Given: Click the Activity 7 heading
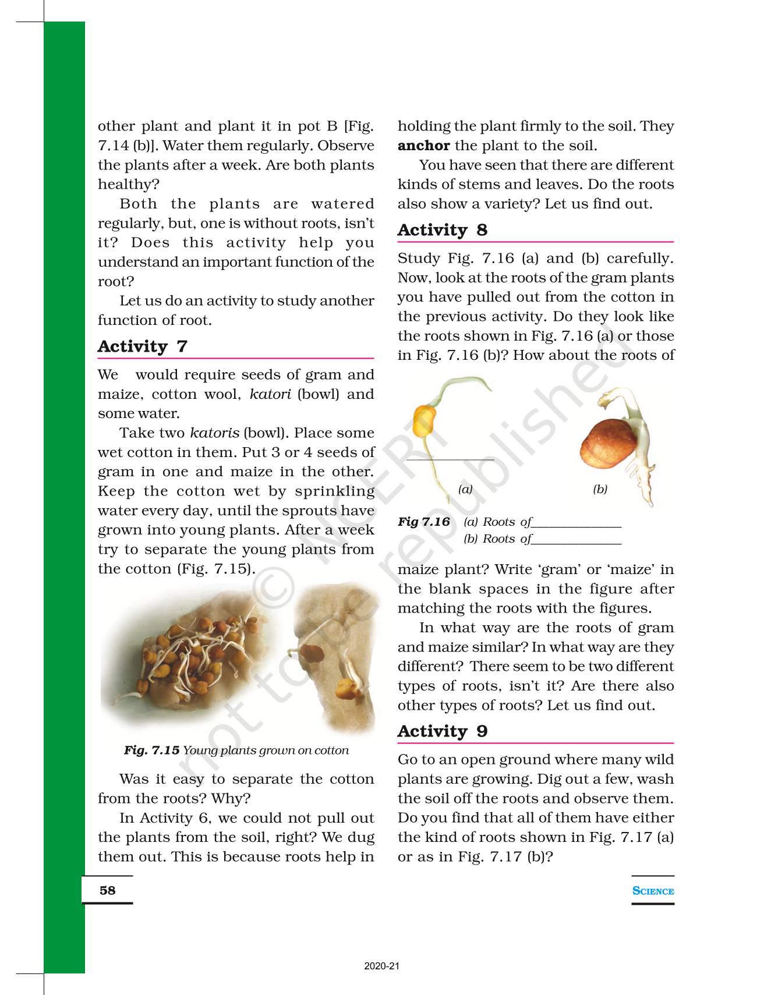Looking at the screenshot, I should click(143, 346).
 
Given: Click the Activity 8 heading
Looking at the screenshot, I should click(442, 230).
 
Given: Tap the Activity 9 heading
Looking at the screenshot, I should click(442, 731).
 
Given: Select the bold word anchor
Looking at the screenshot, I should click(423, 146).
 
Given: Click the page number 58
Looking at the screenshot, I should click(108, 890).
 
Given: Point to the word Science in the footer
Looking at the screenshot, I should click(653, 891).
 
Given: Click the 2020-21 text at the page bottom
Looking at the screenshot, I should click(382, 966).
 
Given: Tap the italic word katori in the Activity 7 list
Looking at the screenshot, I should click(270, 394).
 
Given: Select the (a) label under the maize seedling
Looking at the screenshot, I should click(465, 489).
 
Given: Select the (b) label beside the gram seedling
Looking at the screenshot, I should click(600, 489).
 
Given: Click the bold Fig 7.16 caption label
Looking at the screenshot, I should click(424, 522).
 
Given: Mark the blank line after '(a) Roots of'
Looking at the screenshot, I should click(577, 526).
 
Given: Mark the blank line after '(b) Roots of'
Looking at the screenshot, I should click(577, 543).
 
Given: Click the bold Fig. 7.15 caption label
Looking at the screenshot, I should click(151, 750).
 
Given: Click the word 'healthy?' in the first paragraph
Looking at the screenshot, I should click(128, 185).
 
